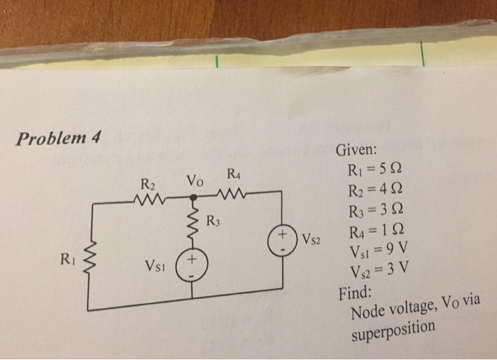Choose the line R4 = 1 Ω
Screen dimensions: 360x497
click(376, 230)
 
